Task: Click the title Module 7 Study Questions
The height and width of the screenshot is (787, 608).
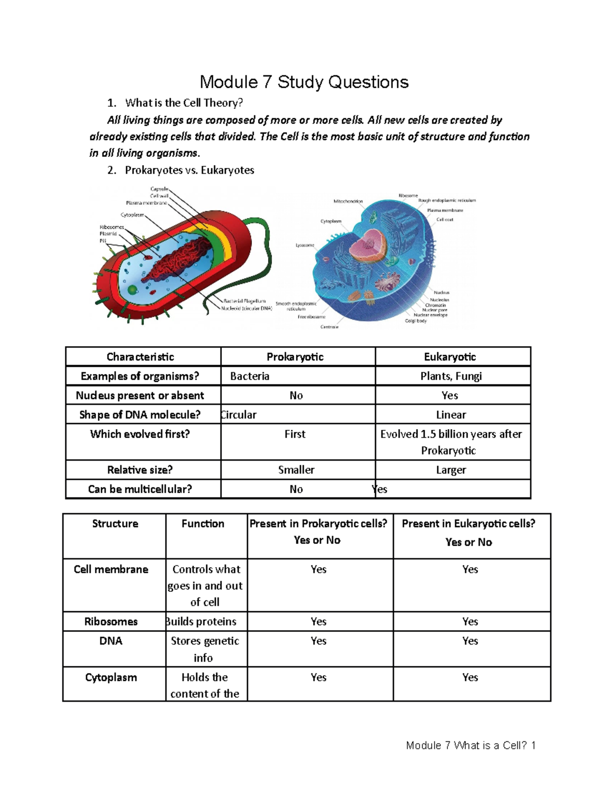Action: [304, 82]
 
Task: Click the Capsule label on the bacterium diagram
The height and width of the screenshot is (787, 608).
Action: [159, 189]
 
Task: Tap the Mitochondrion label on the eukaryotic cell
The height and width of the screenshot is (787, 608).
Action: [348, 201]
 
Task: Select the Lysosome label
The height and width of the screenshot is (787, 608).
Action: [305, 245]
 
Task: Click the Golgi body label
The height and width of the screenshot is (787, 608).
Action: [415, 321]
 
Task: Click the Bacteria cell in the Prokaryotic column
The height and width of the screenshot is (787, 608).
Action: [249, 376]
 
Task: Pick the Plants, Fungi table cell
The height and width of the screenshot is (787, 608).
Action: [451, 376]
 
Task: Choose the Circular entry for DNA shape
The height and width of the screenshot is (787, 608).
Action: [239, 415]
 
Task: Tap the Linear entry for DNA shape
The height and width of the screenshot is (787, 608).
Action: [451, 415]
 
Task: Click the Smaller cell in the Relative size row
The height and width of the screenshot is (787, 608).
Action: [296, 470]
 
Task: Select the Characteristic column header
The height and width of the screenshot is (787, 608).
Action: [140, 357]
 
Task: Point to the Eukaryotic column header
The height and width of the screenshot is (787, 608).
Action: [450, 357]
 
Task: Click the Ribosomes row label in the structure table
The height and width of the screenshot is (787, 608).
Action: [111, 621]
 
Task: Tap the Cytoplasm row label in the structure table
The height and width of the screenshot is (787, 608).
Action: [111, 678]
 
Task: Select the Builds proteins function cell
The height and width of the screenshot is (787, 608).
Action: [202, 621]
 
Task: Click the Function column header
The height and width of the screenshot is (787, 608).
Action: [203, 523]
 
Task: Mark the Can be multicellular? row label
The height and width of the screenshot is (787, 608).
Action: [140, 489]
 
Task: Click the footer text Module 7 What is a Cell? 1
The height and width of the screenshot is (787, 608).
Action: [471, 745]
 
